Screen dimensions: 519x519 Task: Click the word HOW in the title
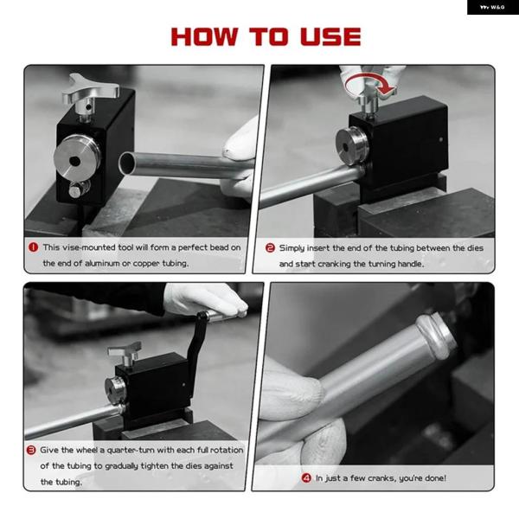tap(204, 36)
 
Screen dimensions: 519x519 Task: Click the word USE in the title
tap(330, 36)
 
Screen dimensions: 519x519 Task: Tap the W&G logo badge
tap(493, 7)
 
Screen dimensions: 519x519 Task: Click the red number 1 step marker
tap(34, 247)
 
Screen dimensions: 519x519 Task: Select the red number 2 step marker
tap(270, 248)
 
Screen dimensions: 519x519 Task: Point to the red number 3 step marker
tap(31, 450)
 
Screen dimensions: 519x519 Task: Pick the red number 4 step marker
tap(306, 478)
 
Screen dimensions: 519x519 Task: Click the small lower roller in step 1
tap(78, 189)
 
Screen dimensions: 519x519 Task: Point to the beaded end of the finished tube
tap(436, 335)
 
